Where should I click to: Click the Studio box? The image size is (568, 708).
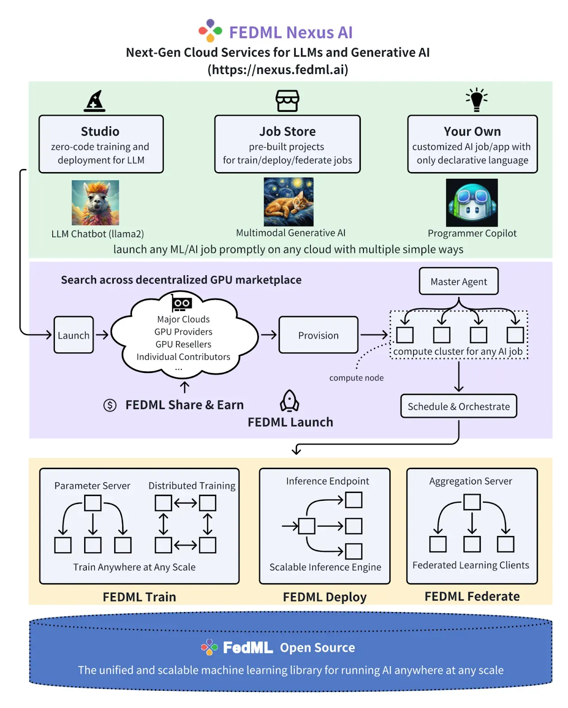(101, 144)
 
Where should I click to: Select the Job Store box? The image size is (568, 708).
(287, 144)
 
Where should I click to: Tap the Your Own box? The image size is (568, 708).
(472, 144)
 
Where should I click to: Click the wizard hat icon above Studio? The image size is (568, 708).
(95, 101)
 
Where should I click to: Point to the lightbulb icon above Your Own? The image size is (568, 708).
(476, 100)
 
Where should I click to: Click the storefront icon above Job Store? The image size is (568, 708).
(287, 101)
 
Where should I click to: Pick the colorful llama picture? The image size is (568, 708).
(95, 203)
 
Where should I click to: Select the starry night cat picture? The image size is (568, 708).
(289, 202)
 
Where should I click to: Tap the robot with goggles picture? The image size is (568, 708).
(472, 203)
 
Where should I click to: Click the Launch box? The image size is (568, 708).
(73, 335)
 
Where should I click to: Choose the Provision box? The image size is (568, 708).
(318, 335)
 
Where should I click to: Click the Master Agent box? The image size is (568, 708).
(459, 281)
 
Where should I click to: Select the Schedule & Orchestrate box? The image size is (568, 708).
(459, 406)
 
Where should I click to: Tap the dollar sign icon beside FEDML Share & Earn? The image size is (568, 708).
(110, 405)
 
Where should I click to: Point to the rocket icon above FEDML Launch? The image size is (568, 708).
(290, 401)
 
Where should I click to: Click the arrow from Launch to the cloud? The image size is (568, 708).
(102, 335)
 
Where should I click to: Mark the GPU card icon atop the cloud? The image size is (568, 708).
(182, 304)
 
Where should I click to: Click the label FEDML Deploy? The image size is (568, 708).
(325, 597)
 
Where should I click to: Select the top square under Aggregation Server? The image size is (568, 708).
(472, 502)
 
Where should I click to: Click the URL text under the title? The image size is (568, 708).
(278, 70)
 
